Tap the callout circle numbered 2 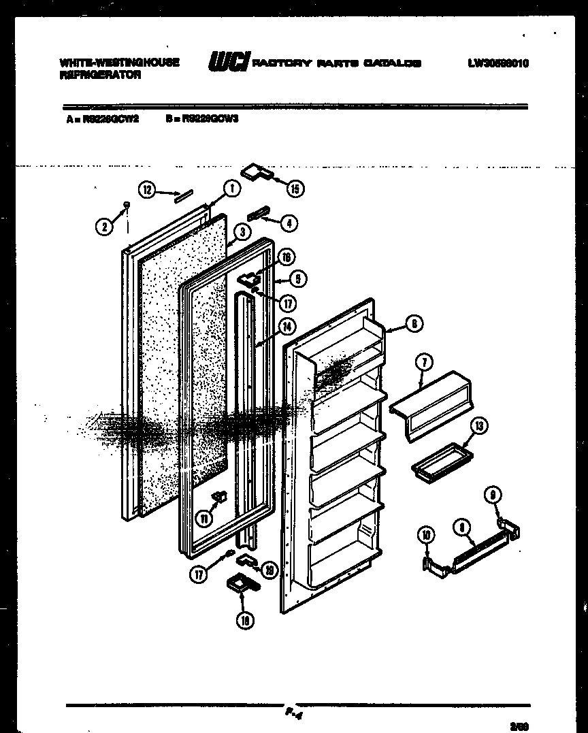[x=103, y=227]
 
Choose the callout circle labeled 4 [x=289, y=222]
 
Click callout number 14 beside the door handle [x=289, y=326]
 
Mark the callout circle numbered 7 [x=423, y=363]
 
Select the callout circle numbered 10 [x=426, y=536]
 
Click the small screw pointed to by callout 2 [x=126, y=203]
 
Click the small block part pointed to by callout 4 [x=259, y=214]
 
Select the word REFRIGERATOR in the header [x=101, y=76]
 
